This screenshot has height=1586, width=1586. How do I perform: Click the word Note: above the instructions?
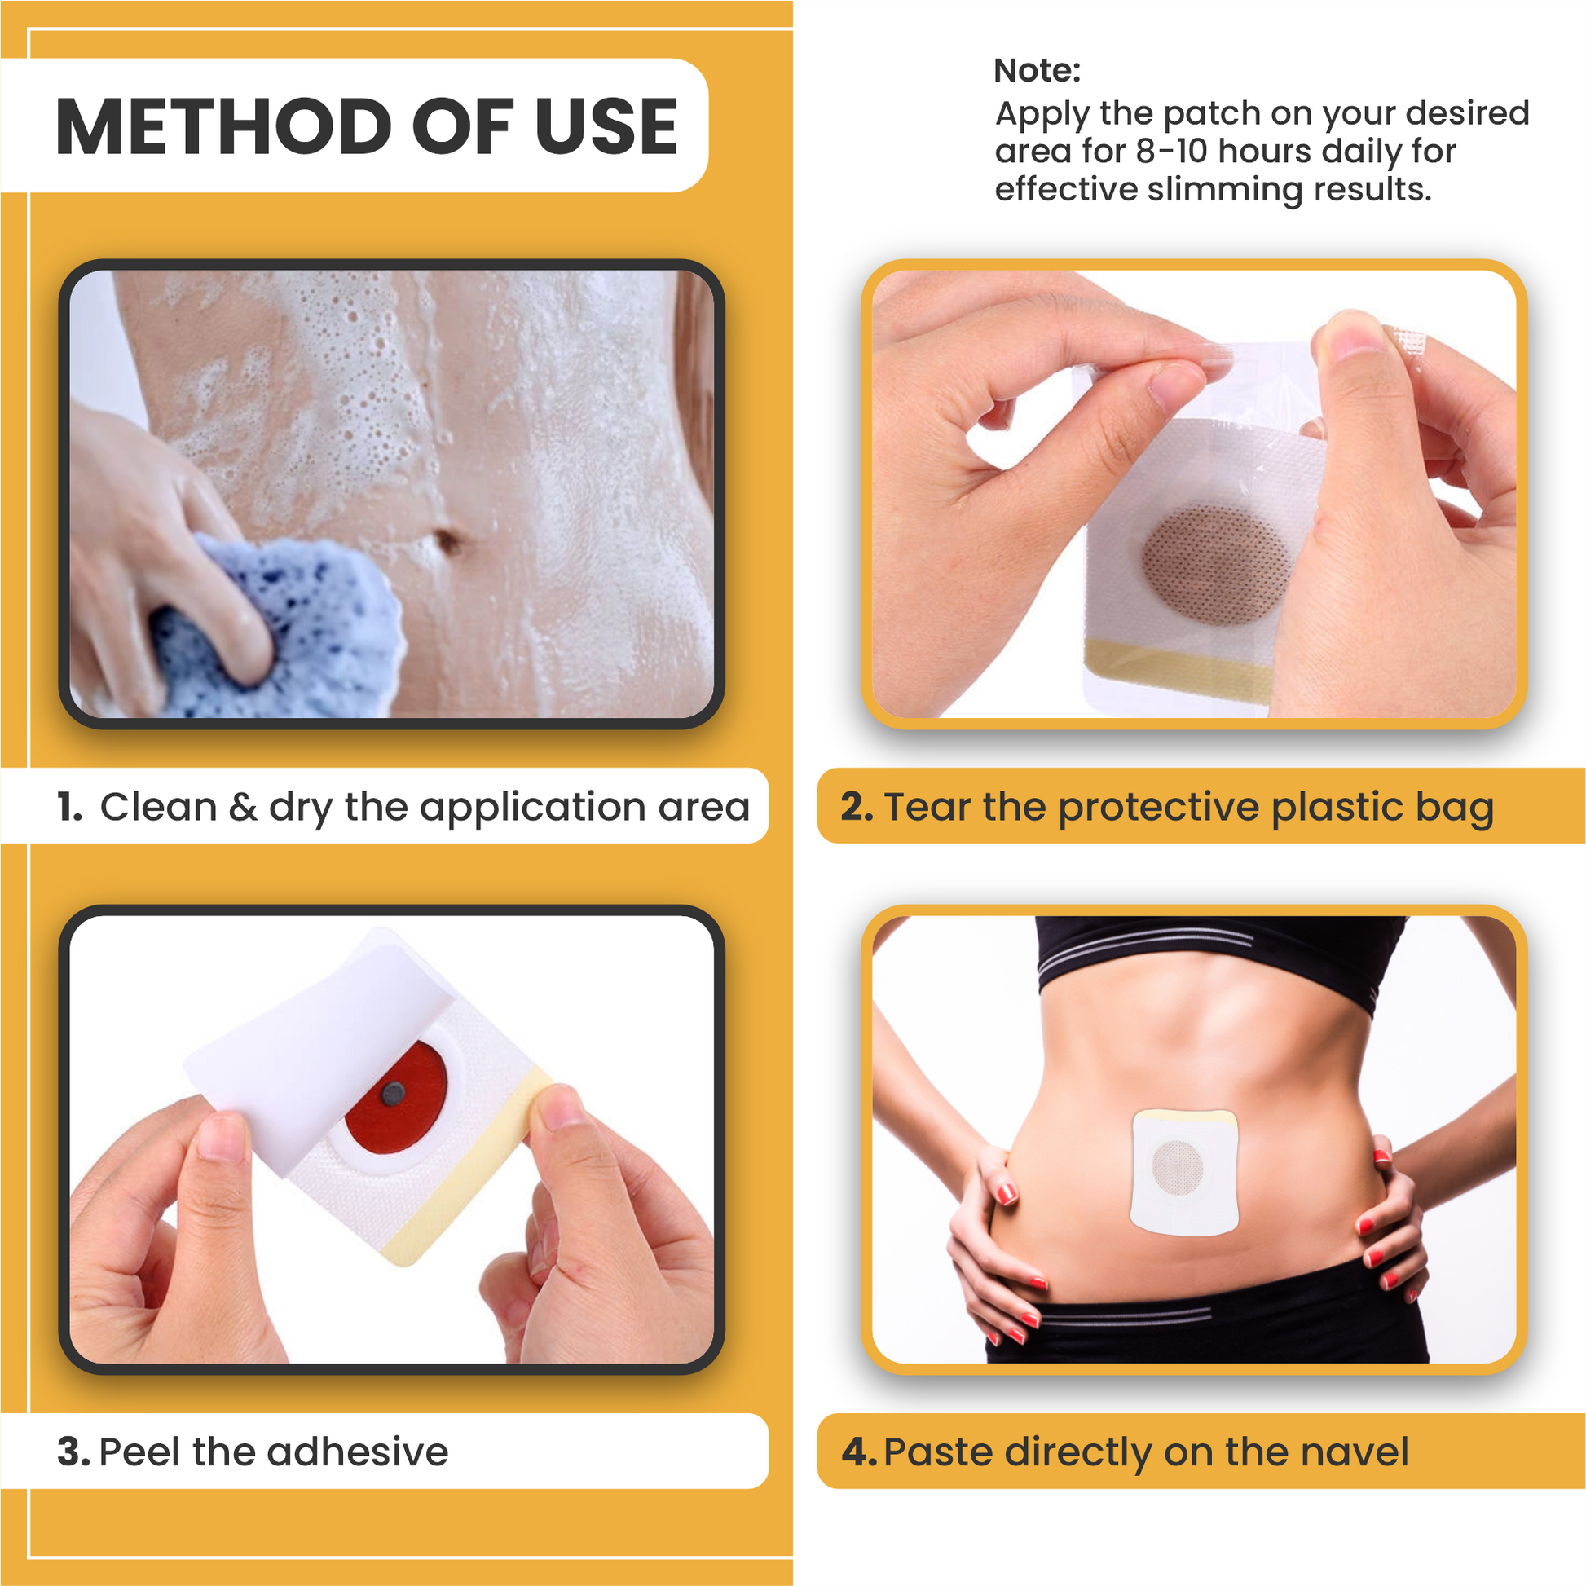(x=1037, y=71)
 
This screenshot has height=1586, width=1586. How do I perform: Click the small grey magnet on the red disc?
(x=393, y=1092)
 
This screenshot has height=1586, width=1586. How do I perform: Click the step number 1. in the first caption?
(x=70, y=807)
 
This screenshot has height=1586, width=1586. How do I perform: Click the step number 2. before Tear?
(x=857, y=807)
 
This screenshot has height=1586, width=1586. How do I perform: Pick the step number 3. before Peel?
(x=73, y=1452)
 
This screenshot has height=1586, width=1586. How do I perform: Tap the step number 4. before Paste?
(x=859, y=1452)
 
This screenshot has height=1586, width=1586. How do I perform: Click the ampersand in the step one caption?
(x=243, y=807)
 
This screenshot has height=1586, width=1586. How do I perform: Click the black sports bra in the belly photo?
(x=1215, y=952)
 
